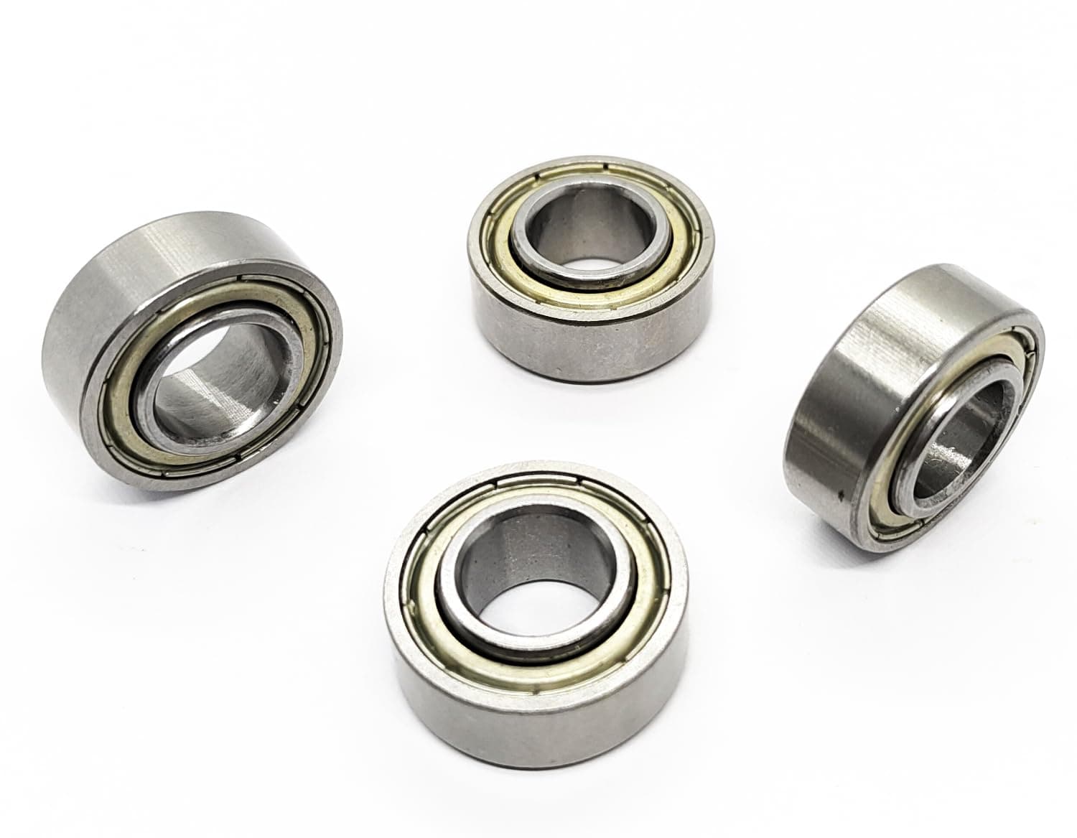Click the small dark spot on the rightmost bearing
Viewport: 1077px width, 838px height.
[x=840, y=495]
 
